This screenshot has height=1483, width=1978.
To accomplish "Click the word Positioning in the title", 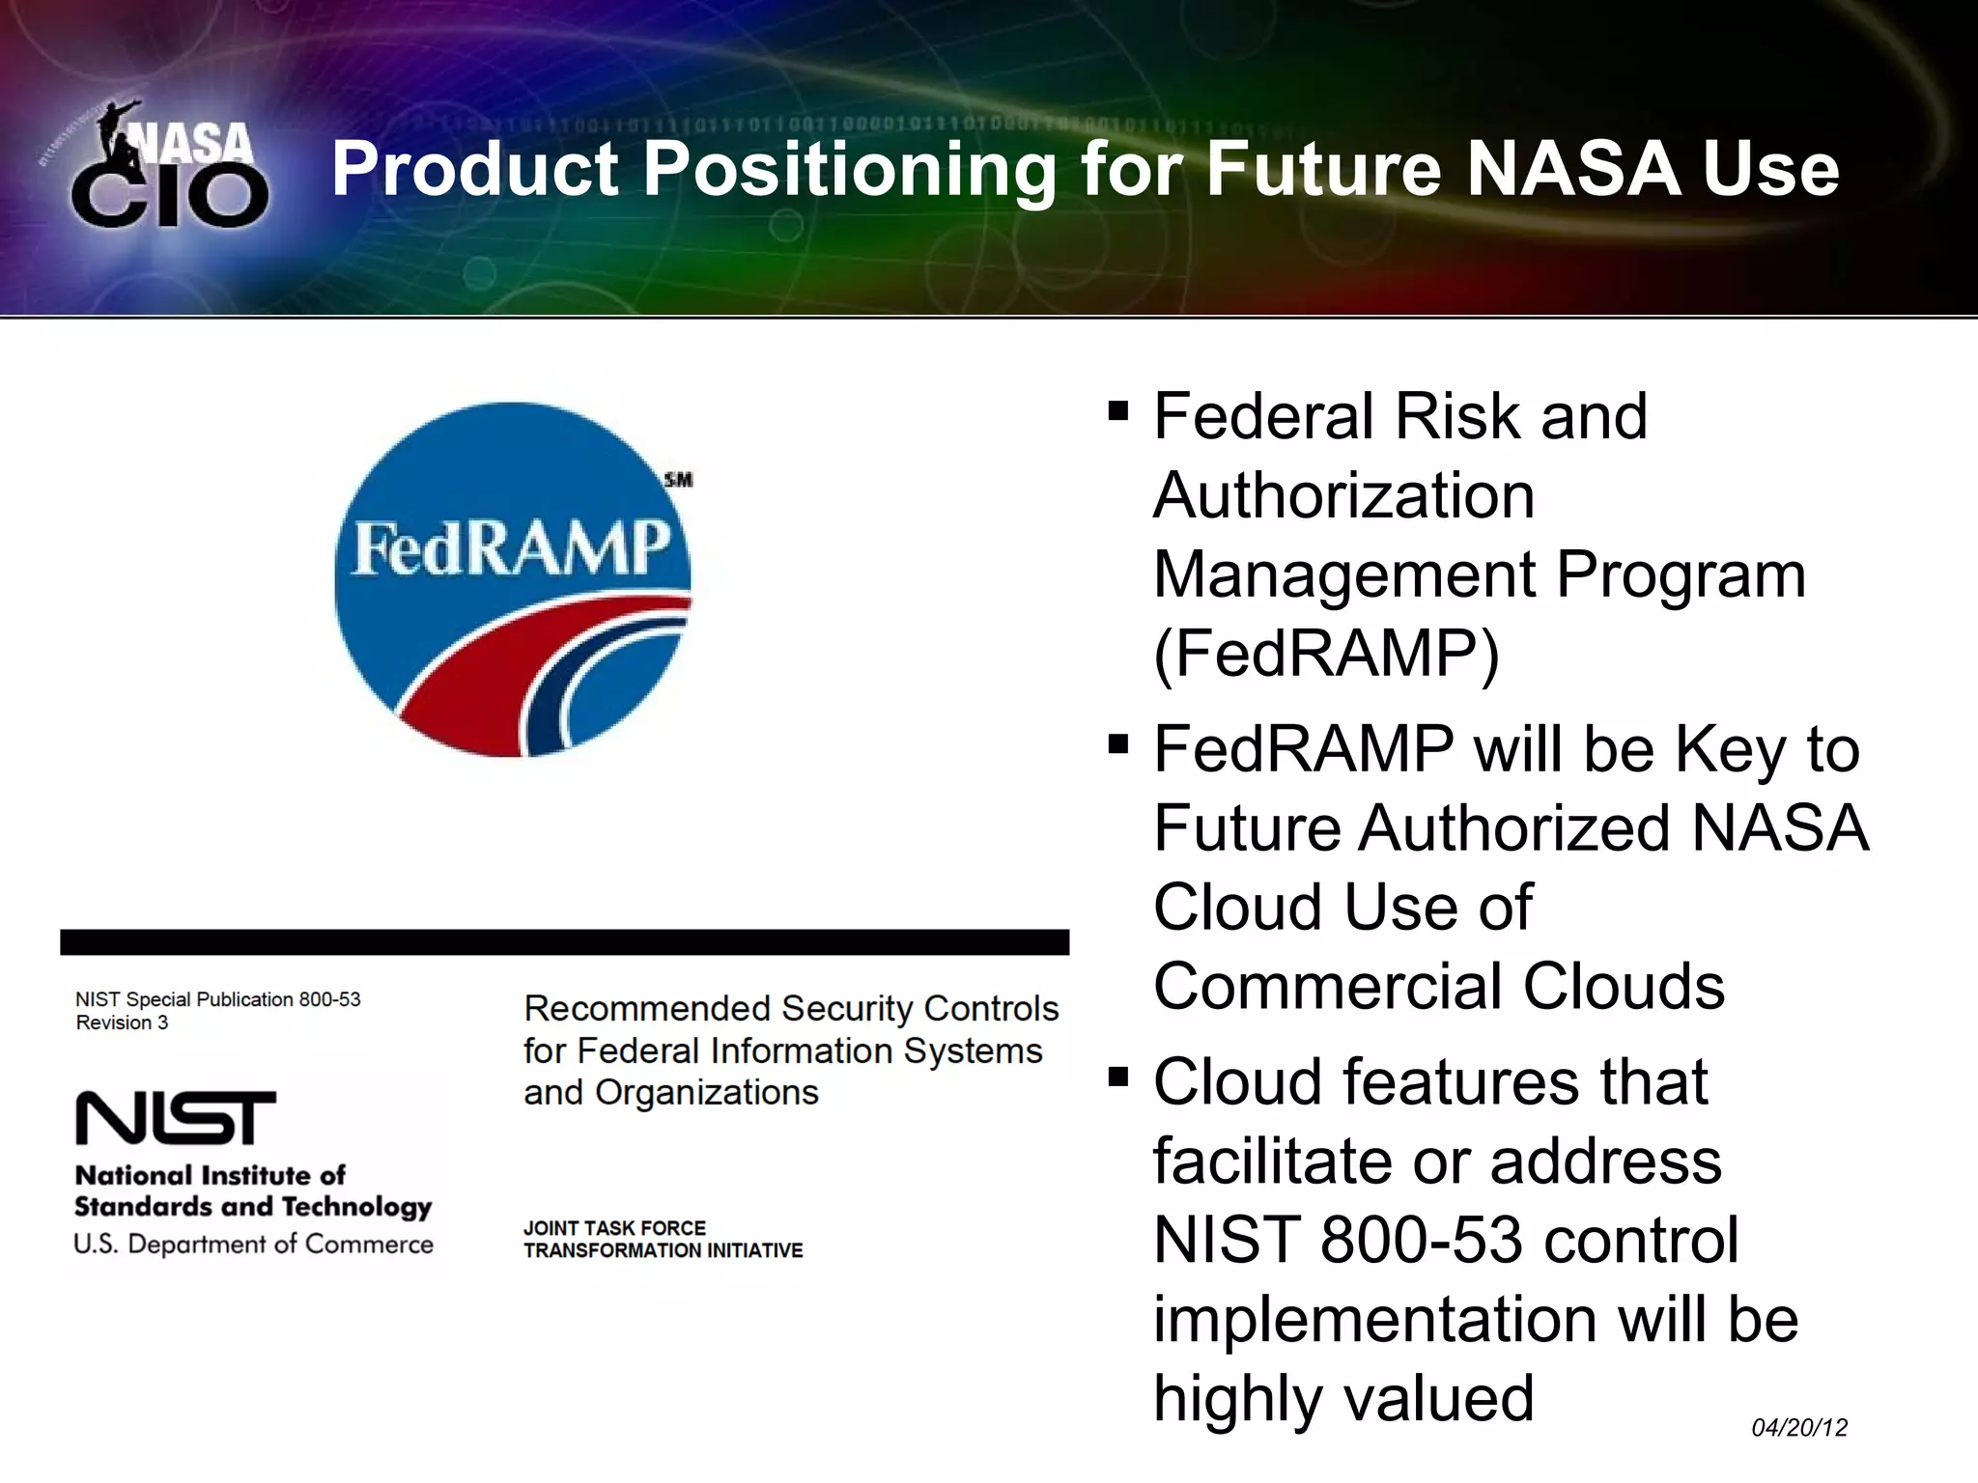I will click(850, 170).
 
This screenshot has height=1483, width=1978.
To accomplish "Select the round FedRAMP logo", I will click(513, 579).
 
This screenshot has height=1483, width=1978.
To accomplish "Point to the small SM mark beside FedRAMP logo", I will click(679, 480).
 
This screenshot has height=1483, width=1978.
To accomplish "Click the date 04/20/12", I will click(1799, 1427).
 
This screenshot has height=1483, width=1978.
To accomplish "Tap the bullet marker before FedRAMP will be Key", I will click(1118, 745).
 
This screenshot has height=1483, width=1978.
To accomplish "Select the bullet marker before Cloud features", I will click(1118, 1077).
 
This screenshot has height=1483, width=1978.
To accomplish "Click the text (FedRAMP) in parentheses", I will click(1326, 655).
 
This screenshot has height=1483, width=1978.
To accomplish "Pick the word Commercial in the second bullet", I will click(1327, 987).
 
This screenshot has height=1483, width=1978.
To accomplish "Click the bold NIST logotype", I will click(176, 1118).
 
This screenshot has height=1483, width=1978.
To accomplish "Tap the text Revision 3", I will click(122, 1022).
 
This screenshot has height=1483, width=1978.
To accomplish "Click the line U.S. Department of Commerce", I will click(253, 1245).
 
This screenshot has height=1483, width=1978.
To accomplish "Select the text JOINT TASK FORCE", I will click(614, 1228).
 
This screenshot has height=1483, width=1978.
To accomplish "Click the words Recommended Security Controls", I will click(790, 1008).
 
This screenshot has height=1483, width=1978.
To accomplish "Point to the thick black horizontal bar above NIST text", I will click(564, 942).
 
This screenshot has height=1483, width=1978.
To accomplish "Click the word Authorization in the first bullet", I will click(1343, 496).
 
